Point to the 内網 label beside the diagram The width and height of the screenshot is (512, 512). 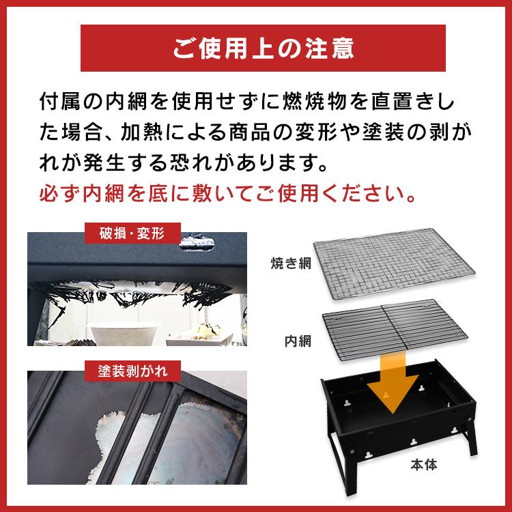tap(298, 339)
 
